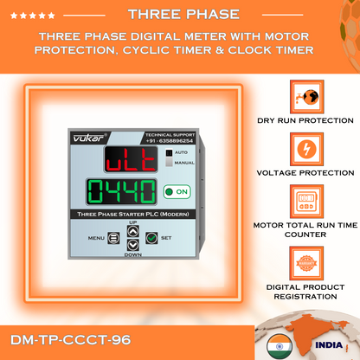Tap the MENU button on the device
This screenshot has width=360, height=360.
point(113,238)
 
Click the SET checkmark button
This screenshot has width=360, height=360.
point(151,238)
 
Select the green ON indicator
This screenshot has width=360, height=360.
point(177,192)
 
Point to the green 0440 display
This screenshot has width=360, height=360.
point(121,192)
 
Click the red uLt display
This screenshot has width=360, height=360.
point(131,159)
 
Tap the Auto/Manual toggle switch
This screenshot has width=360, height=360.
point(169,157)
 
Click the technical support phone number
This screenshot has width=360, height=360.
point(170,141)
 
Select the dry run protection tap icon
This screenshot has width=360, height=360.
point(307,97)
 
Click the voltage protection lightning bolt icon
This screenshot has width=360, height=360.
point(306,149)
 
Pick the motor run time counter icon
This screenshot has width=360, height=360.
point(306,202)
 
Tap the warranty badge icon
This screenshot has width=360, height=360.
point(306,263)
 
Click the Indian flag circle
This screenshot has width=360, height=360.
point(280,346)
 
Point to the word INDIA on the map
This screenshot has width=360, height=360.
point(329,345)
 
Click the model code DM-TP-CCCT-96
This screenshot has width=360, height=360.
point(71,340)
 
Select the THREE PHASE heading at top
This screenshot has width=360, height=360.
point(183,15)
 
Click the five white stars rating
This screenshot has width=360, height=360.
point(33,16)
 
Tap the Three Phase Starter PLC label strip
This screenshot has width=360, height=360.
point(133,214)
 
